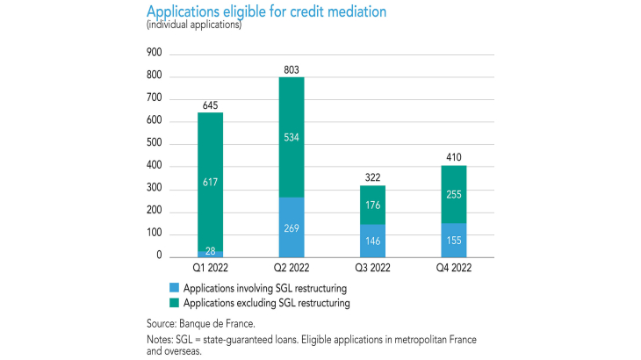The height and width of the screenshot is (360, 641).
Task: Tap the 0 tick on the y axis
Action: pyautogui.click(x=159, y=256)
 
